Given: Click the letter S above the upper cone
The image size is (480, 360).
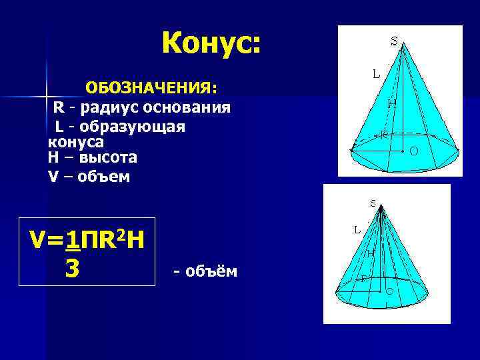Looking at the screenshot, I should (x=394, y=40).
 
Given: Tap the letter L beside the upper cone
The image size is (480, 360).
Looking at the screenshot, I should (x=377, y=74).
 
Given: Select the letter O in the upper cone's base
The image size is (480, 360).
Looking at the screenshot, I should (x=414, y=152).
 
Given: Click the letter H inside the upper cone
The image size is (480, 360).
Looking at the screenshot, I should (x=392, y=103).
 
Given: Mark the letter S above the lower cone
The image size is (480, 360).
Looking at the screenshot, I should (x=373, y=203).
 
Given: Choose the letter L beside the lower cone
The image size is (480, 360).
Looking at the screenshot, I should (x=357, y=229).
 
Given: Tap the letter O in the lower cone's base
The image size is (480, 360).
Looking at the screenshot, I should (x=389, y=292).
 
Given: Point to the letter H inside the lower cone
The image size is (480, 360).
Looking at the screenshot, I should (x=370, y=253).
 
